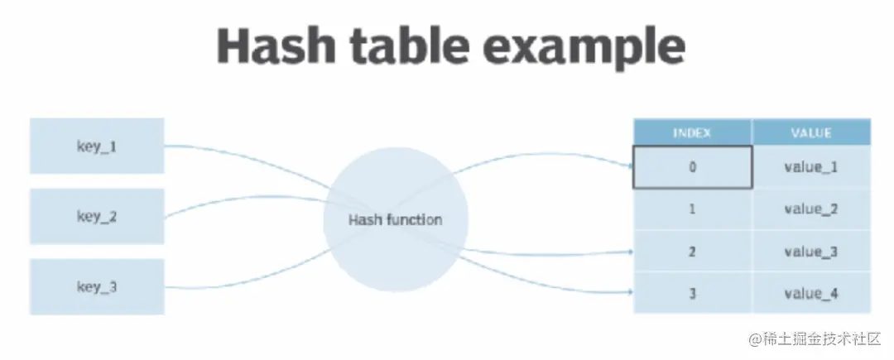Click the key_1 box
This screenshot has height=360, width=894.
(x=97, y=146)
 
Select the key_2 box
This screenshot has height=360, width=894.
(x=97, y=217)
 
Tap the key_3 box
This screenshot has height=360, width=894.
(x=97, y=286)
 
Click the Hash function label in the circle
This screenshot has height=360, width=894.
(x=395, y=220)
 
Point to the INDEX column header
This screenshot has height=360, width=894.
(x=692, y=132)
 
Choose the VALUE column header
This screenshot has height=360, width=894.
(x=810, y=132)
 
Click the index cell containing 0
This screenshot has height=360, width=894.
(x=692, y=167)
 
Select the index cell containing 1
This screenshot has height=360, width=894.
(x=692, y=209)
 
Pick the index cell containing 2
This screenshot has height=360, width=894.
(x=692, y=252)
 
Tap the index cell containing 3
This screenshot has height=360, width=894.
(x=692, y=293)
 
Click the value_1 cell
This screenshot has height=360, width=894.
(x=810, y=167)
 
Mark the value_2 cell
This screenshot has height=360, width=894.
(x=810, y=209)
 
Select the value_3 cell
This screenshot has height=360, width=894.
(x=810, y=252)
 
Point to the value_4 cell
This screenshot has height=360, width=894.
(x=810, y=293)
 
